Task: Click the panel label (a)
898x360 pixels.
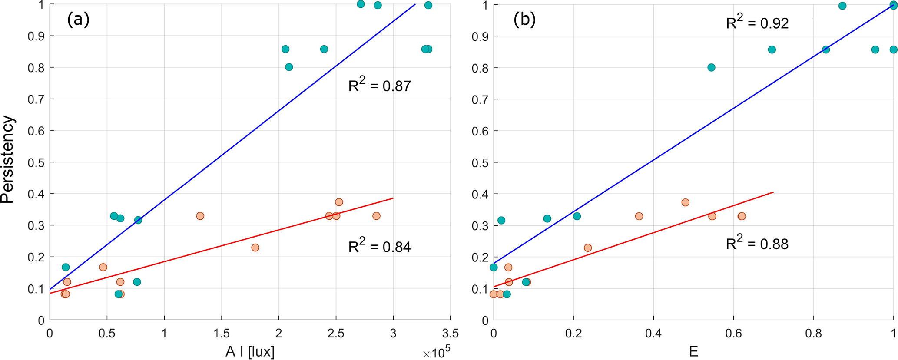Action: pos(78,20)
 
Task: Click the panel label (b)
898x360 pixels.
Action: pos(524,20)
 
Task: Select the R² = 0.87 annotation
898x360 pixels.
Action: pos(379,86)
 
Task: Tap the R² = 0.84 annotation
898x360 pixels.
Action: pos(379,247)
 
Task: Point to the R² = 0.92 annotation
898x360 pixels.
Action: pos(757,23)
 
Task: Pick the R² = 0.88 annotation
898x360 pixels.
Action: pos(757,244)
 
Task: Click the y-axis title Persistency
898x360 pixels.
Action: pos(8,159)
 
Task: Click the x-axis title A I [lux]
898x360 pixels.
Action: pos(250,351)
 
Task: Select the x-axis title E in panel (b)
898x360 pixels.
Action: pos(693,351)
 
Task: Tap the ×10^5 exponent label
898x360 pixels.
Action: pos(436,353)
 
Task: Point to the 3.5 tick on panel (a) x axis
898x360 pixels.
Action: pos(450,334)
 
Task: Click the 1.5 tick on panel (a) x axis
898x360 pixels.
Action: pos(221,334)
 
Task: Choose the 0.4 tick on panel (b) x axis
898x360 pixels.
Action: pos(653,334)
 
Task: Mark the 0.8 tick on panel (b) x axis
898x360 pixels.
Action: pos(813,334)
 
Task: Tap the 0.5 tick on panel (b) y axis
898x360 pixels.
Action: pos(480,162)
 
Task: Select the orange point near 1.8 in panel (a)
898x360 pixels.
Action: pos(255,248)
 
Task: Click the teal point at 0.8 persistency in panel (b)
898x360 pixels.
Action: pos(711,67)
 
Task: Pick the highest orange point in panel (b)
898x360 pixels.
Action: pos(685,202)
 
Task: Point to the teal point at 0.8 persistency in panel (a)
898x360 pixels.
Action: pos(289,67)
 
